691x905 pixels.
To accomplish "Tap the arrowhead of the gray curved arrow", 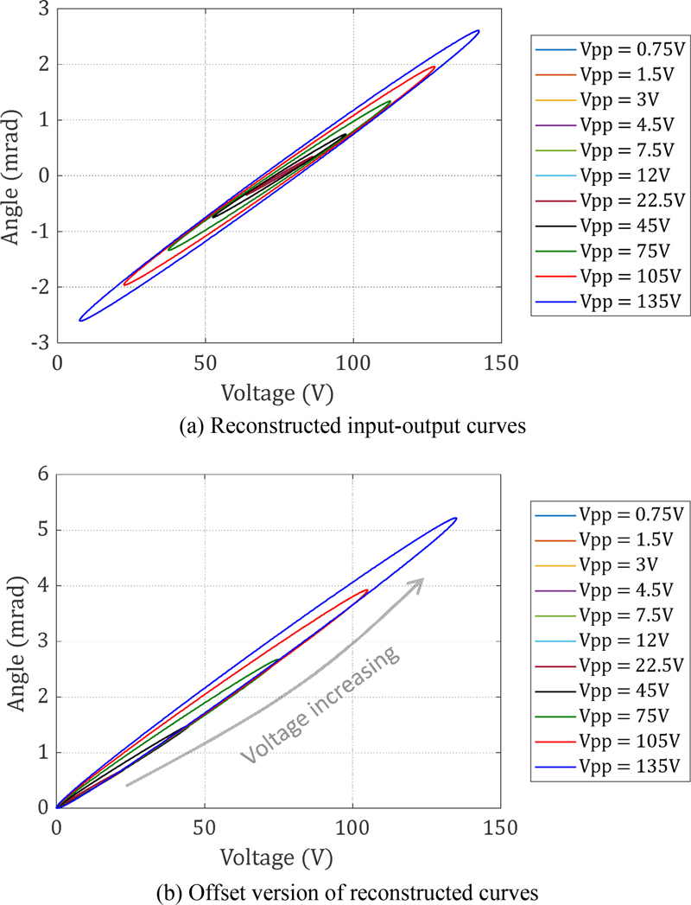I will (x=421, y=581).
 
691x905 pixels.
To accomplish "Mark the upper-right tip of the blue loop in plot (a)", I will (x=478, y=31).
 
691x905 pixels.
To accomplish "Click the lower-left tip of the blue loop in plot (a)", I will (x=80, y=320).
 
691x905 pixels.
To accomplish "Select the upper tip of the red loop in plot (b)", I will (x=368, y=590).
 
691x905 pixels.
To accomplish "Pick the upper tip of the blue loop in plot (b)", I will (x=456, y=519).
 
